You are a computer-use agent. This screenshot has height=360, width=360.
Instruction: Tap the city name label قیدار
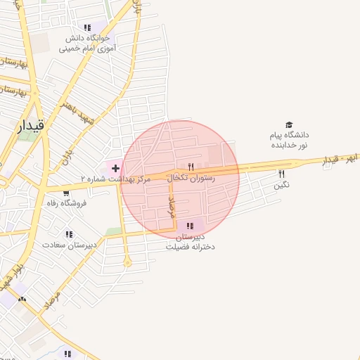pyautogui.click(x=30, y=126)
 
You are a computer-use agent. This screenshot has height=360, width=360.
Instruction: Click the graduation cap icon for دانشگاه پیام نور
pyautogui.click(x=290, y=124)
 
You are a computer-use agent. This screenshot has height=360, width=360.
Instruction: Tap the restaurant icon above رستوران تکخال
pyautogui.click(x=190, y=167)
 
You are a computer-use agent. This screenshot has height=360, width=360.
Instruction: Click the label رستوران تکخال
pyautogui.click(x=192, y=179)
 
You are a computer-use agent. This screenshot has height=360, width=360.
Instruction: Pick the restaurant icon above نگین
pyautogui.click(x=281, y=173)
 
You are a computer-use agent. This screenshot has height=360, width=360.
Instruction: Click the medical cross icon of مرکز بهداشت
pyautogui.click(x=115, y=168)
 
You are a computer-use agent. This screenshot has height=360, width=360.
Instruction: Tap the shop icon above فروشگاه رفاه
pyautogui.click(x=66, y=193)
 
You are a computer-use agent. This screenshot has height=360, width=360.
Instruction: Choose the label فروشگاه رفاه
pyautogui.click(x=66, y=203)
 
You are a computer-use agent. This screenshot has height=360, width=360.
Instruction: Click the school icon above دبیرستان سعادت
pyautogui.click(x=69, y=234)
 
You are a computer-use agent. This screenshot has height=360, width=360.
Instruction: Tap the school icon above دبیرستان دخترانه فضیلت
pyautogui.click(x=190, y=226)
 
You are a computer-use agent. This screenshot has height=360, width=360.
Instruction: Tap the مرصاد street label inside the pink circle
pyautogui.click(x=171, y=207)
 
